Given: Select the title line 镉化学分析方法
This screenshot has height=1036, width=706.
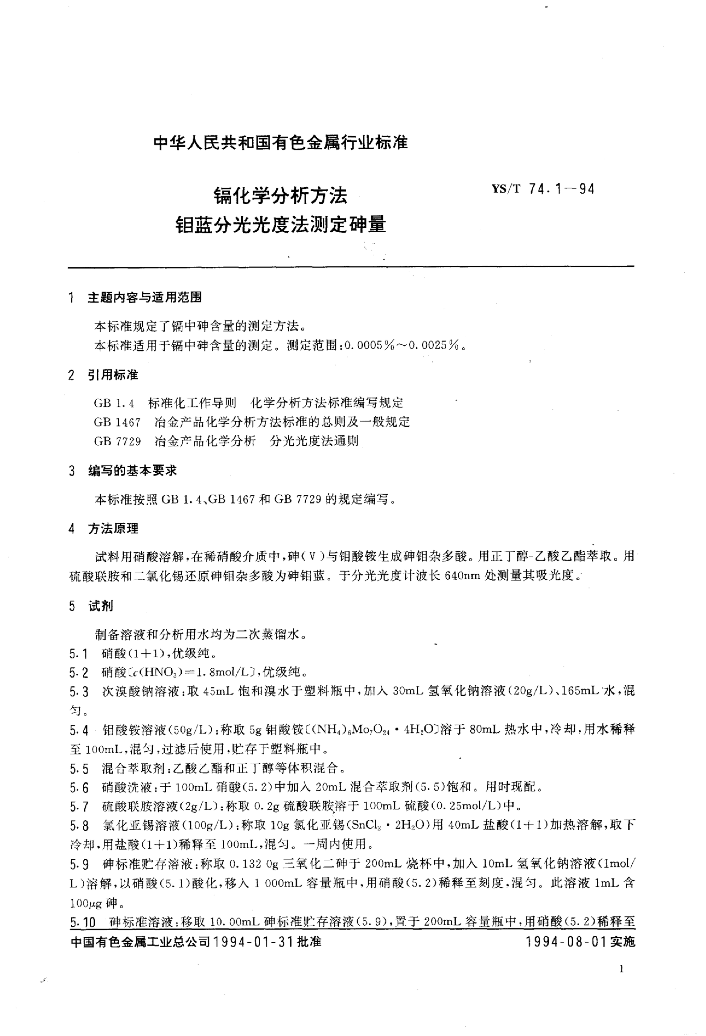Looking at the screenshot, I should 281,195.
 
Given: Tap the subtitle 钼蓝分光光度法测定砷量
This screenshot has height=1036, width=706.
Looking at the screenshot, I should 281,224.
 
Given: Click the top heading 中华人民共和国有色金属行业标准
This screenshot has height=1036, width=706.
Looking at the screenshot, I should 281,143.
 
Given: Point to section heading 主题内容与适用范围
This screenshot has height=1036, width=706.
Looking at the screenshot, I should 145,297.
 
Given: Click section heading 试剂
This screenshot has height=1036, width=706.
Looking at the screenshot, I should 101,606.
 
